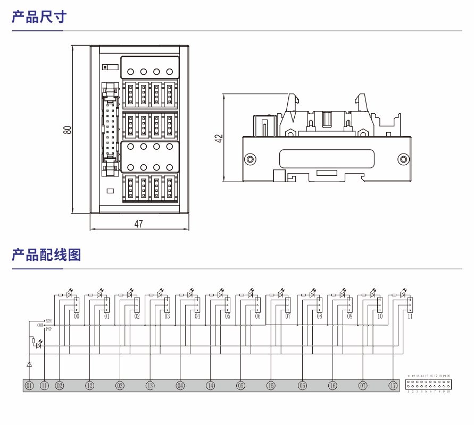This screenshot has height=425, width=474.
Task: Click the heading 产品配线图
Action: click(x=46, y=255)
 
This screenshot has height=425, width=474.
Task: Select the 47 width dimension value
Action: click(x=138, y=224)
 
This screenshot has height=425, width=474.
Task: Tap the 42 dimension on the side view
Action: click(x=218, y=138)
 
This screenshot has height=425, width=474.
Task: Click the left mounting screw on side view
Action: click(x=250, y=159)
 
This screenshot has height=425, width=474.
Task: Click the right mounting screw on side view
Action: click(x=404, y=159)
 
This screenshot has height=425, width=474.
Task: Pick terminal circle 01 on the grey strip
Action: click(x=29, y=386)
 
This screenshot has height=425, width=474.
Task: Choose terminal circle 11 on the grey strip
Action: click(x=44, y=386)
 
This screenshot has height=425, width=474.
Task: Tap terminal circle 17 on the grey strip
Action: click(x=394, y=386)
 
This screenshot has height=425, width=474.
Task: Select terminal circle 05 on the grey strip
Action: click(x=241, y=386)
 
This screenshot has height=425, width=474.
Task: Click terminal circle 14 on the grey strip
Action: click(x=211, y=386)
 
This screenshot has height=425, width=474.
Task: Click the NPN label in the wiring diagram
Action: click(x=48, y=321)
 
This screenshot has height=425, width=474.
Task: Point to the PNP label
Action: click(x=49, y=329)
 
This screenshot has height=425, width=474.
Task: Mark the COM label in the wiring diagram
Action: click(x=40, y=325)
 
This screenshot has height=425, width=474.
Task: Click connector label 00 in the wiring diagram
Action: click(x=77, y=316)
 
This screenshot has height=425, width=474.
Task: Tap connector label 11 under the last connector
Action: click(x=410, y=316)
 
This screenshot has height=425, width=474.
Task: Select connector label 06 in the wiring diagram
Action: click(x=258, y=316)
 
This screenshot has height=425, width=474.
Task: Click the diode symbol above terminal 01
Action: click(x=29, y=364)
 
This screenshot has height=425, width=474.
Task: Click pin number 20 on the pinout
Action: click(x=448, y=376)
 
